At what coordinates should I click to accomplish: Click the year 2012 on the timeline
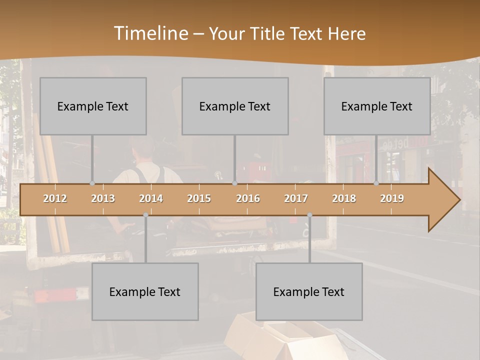pyautogui.click(x=55, y=198)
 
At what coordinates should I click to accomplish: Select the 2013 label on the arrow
pyautogui.click(x=103, y=198)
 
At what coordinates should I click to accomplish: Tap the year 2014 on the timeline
pyautogui.click(x=151, y=198)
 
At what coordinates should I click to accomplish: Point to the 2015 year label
pyautogui.click(x=199, y=198)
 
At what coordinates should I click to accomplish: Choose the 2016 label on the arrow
pyautogui.click(x=248, y=198)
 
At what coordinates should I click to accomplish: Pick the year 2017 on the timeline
pyautogui.click(x=296, y=198)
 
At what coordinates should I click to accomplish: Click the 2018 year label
pyautogui.click(x=344, y=198)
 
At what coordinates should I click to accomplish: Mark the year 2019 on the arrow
pyautogui.click(x=392, y=198)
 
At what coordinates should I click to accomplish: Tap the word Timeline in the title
pyautogui.click(x=150, y=33)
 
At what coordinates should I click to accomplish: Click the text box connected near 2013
pyautogui.click(x=93, y=106)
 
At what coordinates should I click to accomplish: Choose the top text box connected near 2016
pyautogui.click(x=235, y=106)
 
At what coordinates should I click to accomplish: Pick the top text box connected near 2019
pyautogui.click(x=377, y=106)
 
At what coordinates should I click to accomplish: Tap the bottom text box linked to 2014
pyautogui.click(x=145, y=291)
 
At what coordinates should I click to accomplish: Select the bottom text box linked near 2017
pyautogui.click(x=309, y=291)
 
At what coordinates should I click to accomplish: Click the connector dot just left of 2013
pyautogui.click(x=92, y=183)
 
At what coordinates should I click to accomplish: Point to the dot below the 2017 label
pyautogui.click(x=310, y=215)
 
